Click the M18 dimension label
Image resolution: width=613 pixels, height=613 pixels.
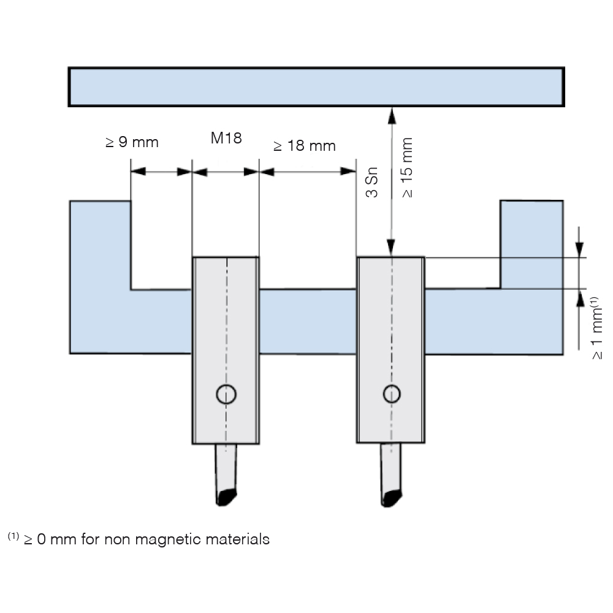coord(226,138)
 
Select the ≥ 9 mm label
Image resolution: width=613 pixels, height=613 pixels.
coord(132,142)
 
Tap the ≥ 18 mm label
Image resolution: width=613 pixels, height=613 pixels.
coord(305,146)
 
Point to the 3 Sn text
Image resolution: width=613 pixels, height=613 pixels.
coord(372,182)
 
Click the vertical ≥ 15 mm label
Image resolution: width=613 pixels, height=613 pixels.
coord(407,167)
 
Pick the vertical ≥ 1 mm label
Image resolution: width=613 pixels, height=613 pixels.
coord(596,328)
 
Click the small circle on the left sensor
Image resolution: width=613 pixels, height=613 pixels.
coord(226,394)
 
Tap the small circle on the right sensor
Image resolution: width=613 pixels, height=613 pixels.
coord(391,394)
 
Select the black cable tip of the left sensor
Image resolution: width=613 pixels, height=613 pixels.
coord(226,497)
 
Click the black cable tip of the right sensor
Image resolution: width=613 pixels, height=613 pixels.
coord(391,498)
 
